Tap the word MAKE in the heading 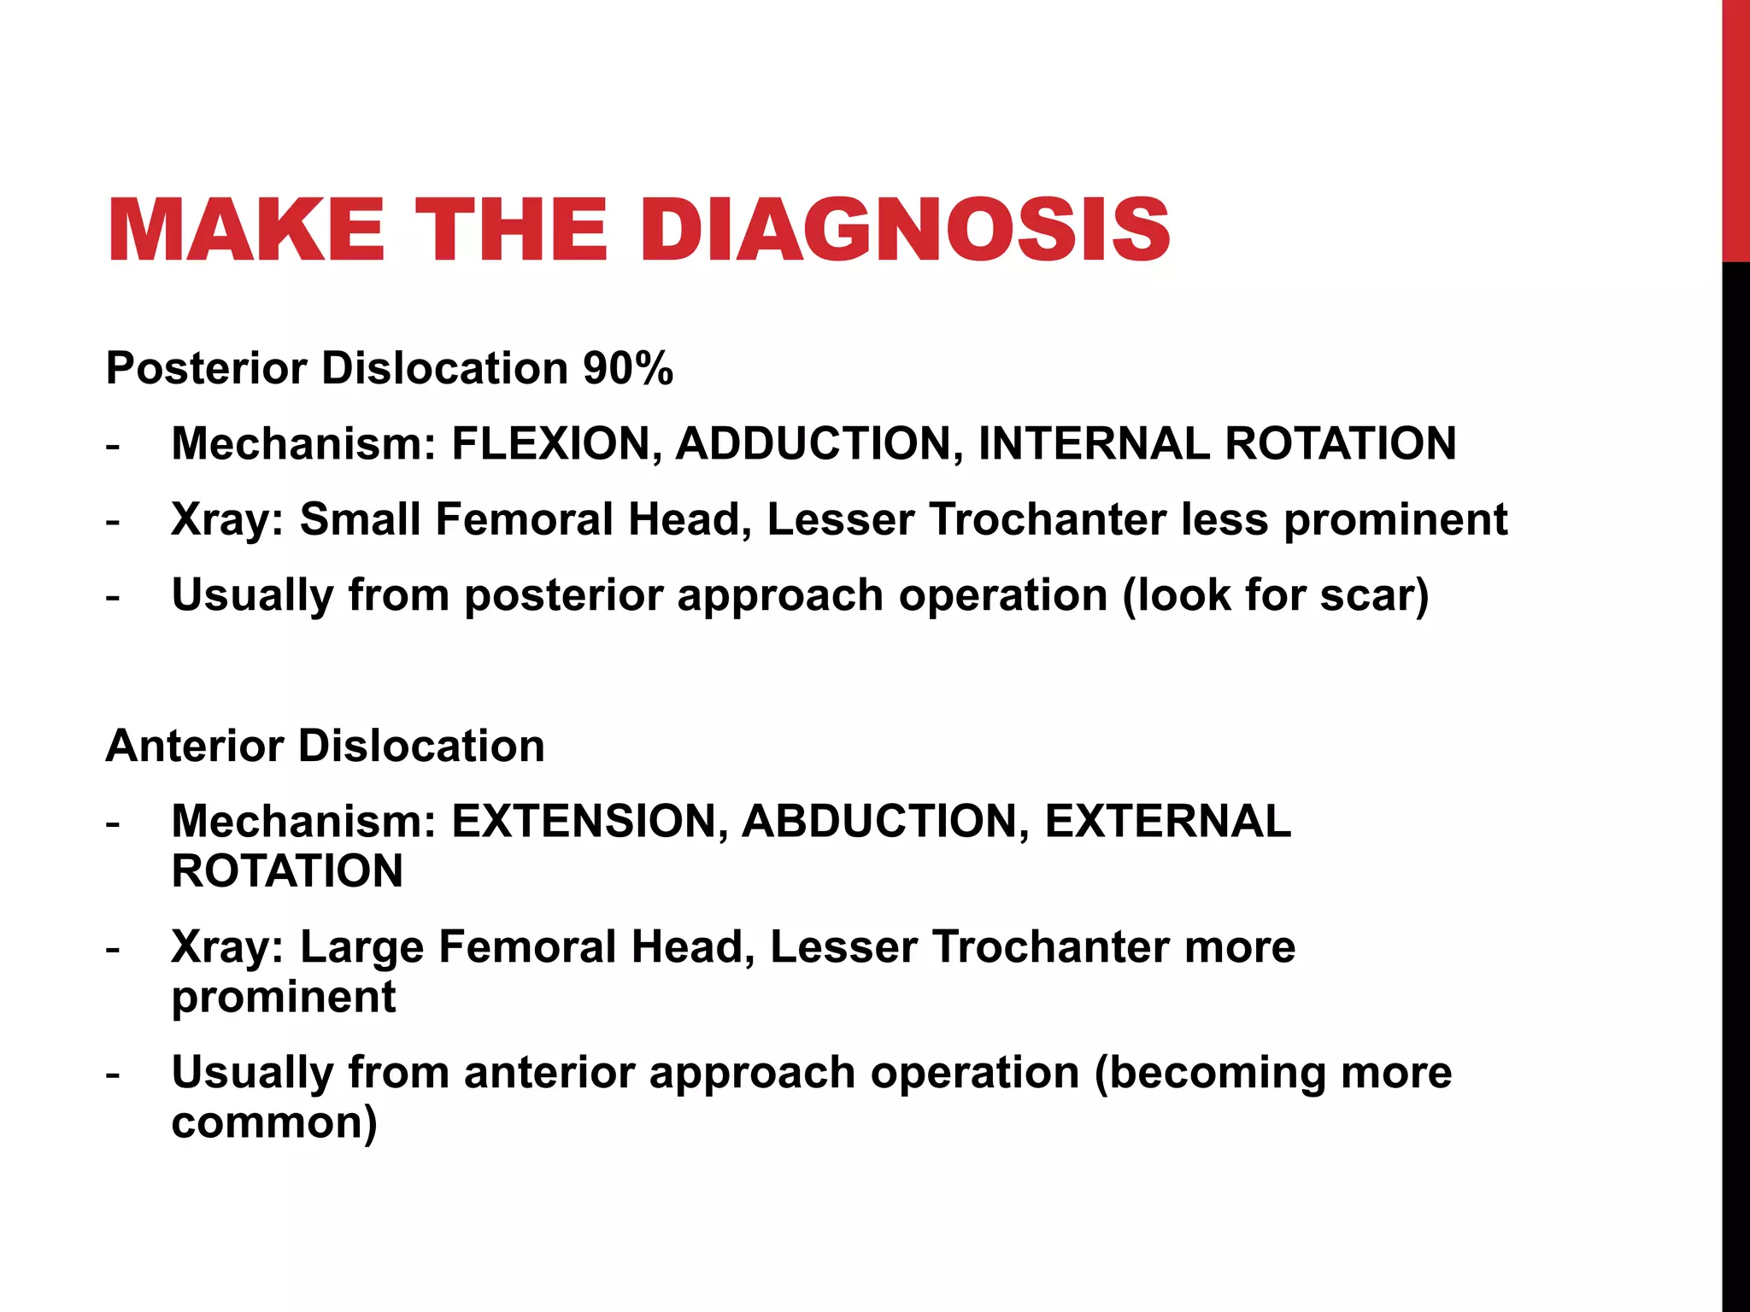(246, 231)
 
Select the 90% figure (628, 369)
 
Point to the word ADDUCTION (819, 444)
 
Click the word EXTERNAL (1167, 822)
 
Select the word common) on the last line (274, 1123)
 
